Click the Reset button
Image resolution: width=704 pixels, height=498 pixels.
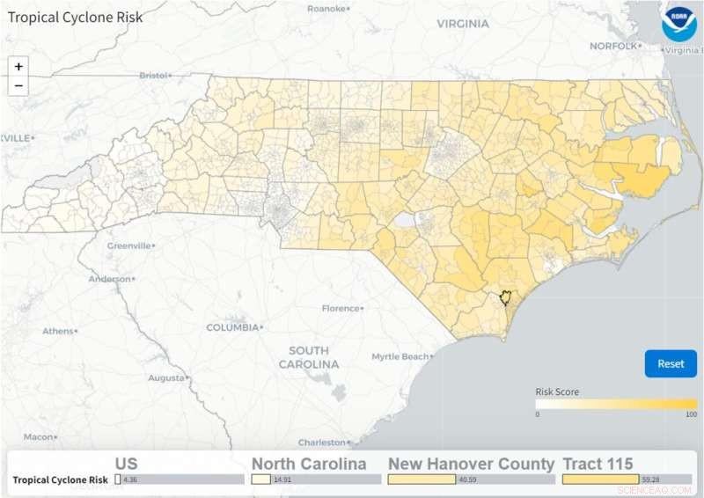pyautogui.click(x=671, y=363)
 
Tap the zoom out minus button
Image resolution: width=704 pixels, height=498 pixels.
pyautogui.click(x=18, y=85)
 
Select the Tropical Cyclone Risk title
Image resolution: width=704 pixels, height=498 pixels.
pyautogui.click(x=76, y=17)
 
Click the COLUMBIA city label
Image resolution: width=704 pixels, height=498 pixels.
pyautogui.click(x=233, y=327)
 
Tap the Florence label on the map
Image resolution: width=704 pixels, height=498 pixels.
pyautogui.click(x=341, y=309)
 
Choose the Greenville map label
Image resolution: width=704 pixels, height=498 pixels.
pyautogui.click(x=128, y=246)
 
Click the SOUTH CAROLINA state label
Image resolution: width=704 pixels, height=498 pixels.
pyautogui.click(x=309, y=356)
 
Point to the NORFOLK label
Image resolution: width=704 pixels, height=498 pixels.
pyautogui.click(x=613, y=46)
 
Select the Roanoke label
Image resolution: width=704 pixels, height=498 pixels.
pyautogui.click(x=326, y=8)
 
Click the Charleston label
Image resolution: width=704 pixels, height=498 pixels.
pyautogui.click(x=321, y=443)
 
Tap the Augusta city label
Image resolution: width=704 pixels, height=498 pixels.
pyautogui.click(x=166, y=377)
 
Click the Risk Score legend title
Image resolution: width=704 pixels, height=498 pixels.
pyautogui.click(x=557, y=392)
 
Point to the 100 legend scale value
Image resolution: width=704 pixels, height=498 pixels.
pyautogui.click(x=691, y=414)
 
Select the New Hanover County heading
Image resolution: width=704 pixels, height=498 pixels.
pyautogui.click(x=472, y=464)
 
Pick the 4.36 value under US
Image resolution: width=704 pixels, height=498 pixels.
pyautogui.click(x=131, y=480)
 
